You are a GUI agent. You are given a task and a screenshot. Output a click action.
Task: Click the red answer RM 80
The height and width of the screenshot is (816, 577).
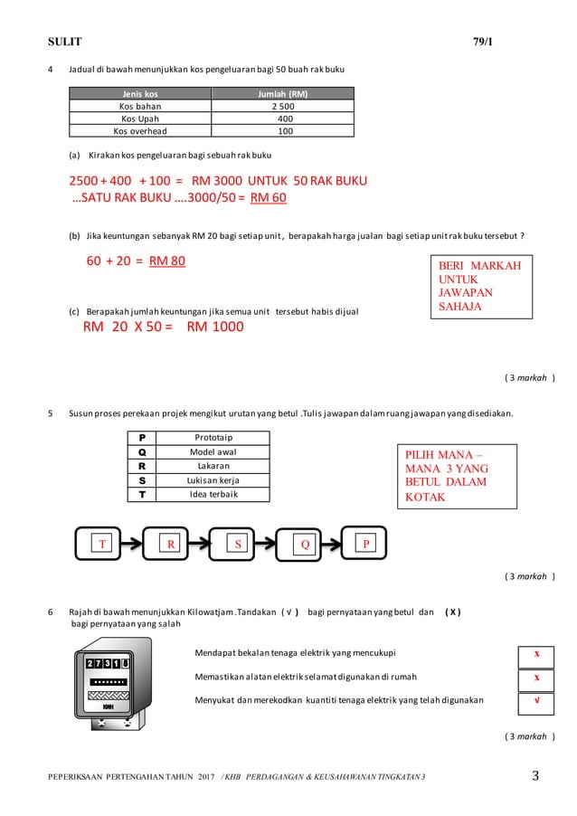[x=167, y=261]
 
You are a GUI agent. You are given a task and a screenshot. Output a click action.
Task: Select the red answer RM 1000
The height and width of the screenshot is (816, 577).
[x=214, y=327]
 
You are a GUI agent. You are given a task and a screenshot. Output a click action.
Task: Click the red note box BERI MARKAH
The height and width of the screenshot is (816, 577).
[x=479, y=285]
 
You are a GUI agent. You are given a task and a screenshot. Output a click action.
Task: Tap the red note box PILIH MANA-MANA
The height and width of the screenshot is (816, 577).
[x=456, y=477]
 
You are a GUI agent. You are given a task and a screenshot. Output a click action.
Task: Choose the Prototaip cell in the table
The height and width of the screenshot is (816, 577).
[x=212, y=438]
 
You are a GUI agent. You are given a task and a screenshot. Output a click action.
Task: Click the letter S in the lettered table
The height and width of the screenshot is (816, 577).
[x=141, y=480]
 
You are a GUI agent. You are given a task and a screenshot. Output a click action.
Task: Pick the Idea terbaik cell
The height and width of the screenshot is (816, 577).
[x=212, y=495]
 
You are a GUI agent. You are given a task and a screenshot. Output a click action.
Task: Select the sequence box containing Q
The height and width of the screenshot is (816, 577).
[x=305, y=545]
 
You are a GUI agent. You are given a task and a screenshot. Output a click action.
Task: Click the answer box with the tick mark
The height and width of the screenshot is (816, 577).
[x=536, y=700]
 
